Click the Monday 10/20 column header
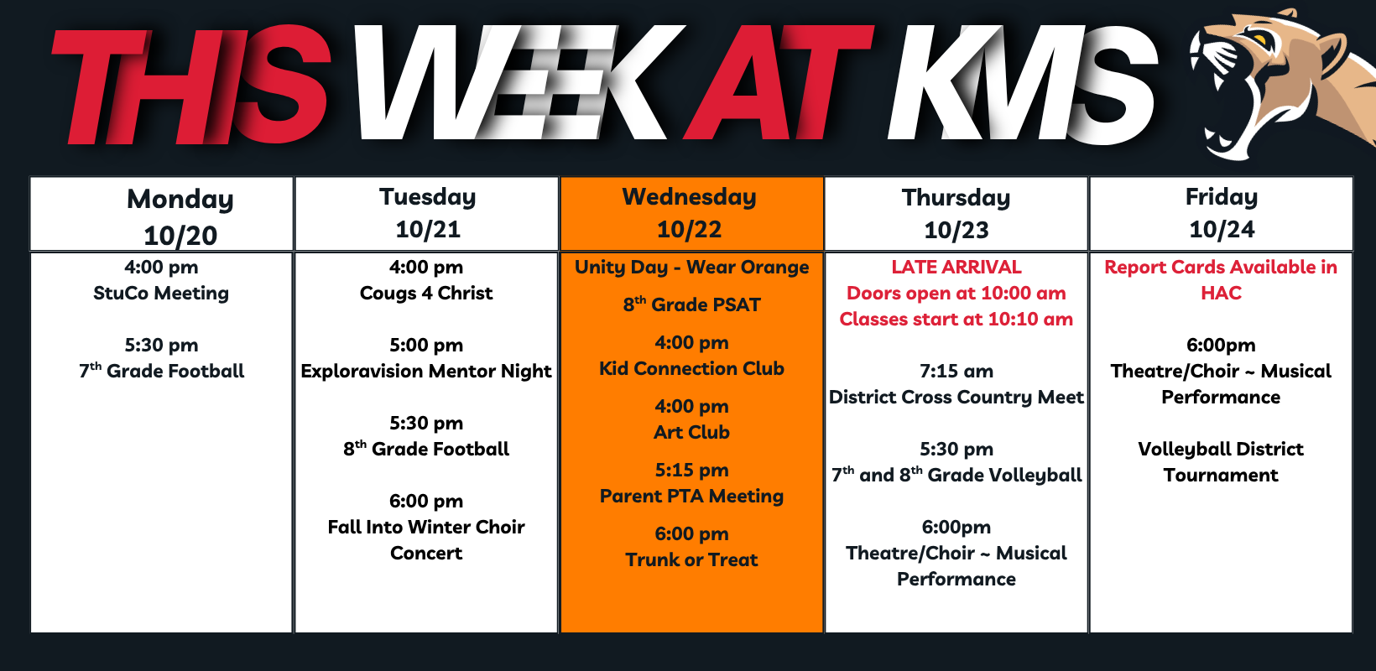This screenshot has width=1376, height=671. click(x=162, y=214)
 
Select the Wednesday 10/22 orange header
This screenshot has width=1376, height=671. click(x=691, y=214)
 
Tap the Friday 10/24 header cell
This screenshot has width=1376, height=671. click(x=1222, y=214)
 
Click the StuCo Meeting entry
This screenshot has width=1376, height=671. click(x=161, y=294)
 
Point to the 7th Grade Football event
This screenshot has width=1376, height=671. click(x=162, y=371)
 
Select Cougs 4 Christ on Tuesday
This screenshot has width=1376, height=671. click(x=426, y=294)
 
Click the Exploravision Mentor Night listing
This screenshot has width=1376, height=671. click(x=426, y=372)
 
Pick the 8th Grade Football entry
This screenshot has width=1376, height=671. click(x=426, y=449)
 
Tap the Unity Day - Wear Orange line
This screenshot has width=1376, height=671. click(x=691, y=268)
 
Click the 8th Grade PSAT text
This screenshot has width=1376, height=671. click(x=691, y=304)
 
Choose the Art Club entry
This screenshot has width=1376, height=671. click(x=691, y=432)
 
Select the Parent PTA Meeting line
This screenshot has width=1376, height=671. click(x=691, y=496)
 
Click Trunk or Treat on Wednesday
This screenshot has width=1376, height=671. click(x=691, y=560)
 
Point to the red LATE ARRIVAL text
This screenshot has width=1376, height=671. click(x=956, y=267)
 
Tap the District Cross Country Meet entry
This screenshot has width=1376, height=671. click(x=956, y=398)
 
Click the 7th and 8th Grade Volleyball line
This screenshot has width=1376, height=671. click(x=956, y=476)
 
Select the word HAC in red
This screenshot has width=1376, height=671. click(x=1222, y=294)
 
